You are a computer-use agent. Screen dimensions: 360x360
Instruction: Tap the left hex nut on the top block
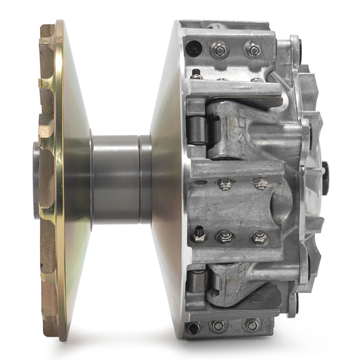tap(220, 51)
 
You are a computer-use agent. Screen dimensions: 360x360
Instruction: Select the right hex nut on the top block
tap(253, 50)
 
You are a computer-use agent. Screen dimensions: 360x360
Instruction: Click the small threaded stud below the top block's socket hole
tap(196, 74)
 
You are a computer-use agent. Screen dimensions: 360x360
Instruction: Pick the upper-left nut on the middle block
tap(226, 184)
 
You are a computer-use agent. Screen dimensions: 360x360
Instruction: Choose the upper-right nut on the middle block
tap(259, 183)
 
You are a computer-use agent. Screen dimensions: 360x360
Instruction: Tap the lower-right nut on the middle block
tap(259, 237)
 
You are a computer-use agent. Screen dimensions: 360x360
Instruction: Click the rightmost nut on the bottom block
tap(251, 325)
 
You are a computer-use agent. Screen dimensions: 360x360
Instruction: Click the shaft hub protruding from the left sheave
tap(37, 180)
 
